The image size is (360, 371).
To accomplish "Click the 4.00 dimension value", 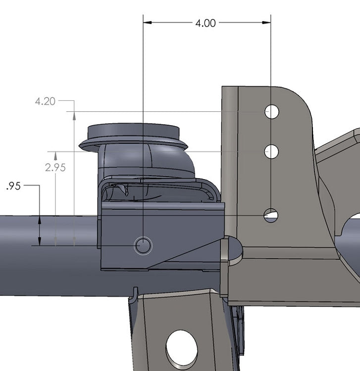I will coord(206,23).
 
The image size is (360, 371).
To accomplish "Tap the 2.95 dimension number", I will coord(55,167).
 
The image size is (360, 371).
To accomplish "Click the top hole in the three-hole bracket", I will coord(271,112).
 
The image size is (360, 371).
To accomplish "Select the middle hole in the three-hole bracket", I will coord(271,151).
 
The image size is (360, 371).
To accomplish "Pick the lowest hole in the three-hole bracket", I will coord(271,215).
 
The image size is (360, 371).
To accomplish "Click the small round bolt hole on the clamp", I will coord(144,245).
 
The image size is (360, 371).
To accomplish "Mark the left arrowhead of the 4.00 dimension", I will coord(147,22).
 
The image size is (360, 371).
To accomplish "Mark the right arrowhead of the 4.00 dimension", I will coord(267,22).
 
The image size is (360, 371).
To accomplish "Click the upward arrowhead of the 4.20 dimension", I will coord(74,116).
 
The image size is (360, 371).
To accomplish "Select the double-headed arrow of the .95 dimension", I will coord(39,231).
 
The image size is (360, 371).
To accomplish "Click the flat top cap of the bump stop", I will coord(133,132).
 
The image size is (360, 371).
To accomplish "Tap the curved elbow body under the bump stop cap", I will coord(146,161).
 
